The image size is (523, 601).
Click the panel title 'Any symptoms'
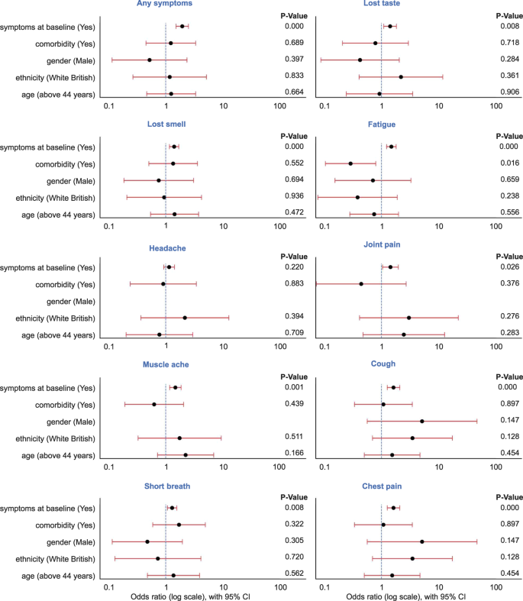(166, 4)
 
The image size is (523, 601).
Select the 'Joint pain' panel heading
(381, 245)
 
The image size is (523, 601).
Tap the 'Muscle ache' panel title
(166, 365)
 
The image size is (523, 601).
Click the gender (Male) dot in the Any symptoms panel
(149, 60)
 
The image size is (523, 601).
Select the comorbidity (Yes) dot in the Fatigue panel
(350, 163)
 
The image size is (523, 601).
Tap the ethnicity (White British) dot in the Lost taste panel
(401, 76)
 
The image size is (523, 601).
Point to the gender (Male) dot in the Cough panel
(421, 421)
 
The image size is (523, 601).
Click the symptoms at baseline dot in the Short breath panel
(172, 508)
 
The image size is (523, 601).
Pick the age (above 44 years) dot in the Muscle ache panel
(186, 455)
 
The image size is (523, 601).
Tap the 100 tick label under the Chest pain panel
(496, 586)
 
